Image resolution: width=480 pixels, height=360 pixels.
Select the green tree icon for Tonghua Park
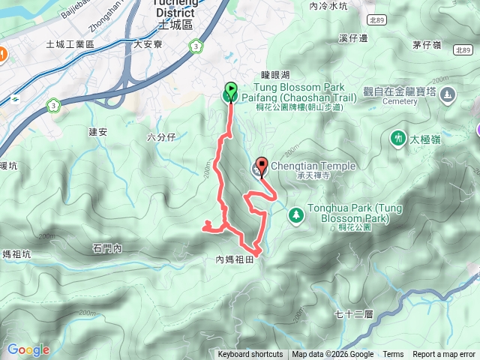(295, 214)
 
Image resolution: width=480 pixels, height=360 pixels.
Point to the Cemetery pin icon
(448, 94)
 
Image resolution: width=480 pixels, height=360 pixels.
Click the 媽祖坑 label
(16, 254)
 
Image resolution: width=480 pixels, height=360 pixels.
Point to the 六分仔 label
(161, 136)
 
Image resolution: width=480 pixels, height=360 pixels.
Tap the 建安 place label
(99, 132)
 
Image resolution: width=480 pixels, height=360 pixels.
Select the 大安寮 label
(148, 45)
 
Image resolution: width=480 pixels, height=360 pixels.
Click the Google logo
(28, 349)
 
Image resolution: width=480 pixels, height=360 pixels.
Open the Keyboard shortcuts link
(250, 355)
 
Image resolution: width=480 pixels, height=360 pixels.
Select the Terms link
(393, 355)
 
